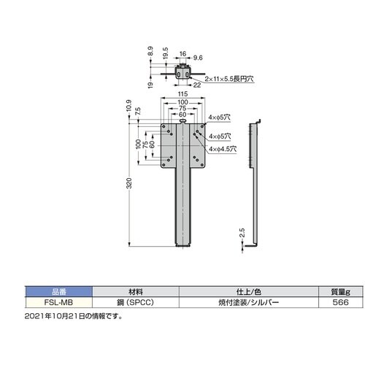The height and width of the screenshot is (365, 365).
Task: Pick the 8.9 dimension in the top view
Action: pyautogui.click(x=150, y=52)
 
